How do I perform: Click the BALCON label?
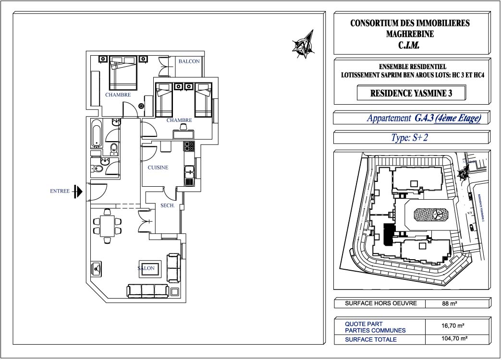pyautogui.click(x=189, y=61)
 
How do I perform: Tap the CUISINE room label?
pyautogui.click(x=158, y=168)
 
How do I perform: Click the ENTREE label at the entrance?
pyautogui.click(x=60, y=191)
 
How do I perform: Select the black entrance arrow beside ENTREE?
pyautogui.click(x=78, y=192)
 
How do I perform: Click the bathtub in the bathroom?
pyautogui.click(x=96, y=132)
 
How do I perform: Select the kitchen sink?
pyautogui.click(x=189, y=170)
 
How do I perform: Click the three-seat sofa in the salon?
pyautogui.click(x=148, y=291)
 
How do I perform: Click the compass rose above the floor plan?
pyautogui.click(x=304, y=44)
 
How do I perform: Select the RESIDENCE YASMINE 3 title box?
pyautogui.click(x=411, y=94)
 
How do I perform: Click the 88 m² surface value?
pyautogui.click(x=449, y=304)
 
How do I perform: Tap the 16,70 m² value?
pyautogui.click(x=453, y=326)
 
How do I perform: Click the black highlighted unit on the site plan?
pyautogui.click(x=388, y=235)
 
